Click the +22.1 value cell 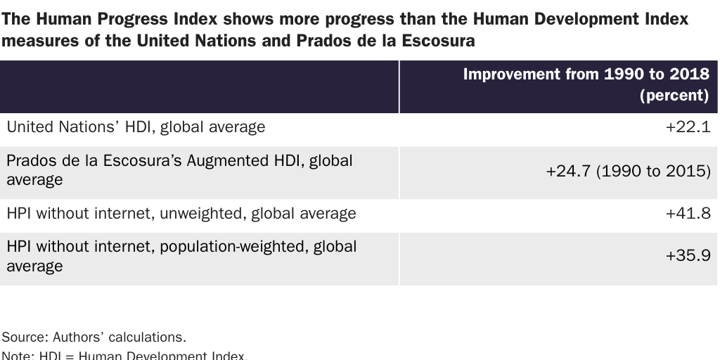[x=688, y=127]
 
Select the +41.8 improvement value [x=688, y=213]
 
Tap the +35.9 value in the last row [x=688, y=257]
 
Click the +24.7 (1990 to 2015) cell [x=628, y=170]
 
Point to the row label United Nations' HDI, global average [x=136, y=127]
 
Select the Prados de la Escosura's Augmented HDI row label [x=179, y=169]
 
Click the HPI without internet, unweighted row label [x=181, y=213]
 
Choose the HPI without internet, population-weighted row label [x=181, y=256]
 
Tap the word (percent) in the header [x=674, y=96]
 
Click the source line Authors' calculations [x=94, y=337]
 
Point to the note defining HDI [x=124, y=356]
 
